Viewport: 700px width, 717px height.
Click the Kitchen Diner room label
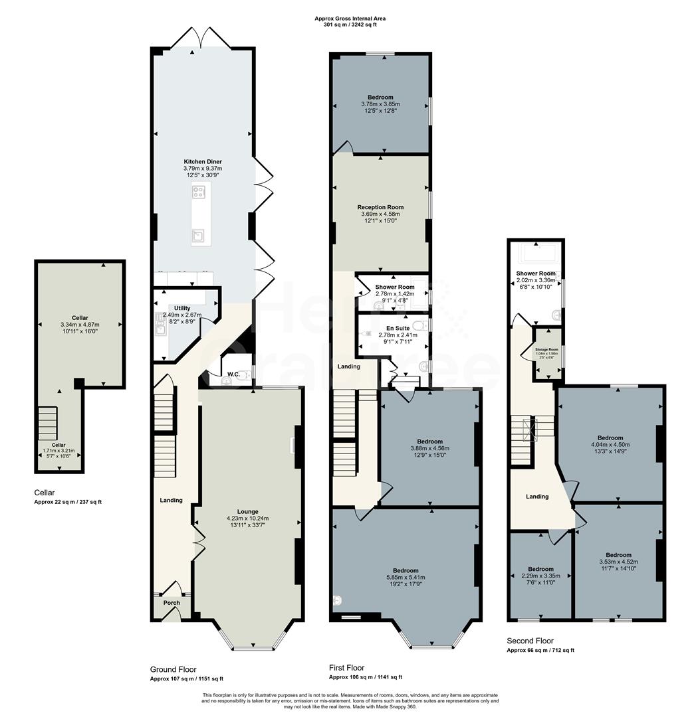(203, 161)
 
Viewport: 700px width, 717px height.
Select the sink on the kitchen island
(198, 234)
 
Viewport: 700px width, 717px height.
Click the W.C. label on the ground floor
(233, 374)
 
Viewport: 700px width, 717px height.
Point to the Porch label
(172, 603)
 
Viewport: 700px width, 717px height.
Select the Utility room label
(182, 308)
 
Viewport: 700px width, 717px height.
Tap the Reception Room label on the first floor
(380, 207)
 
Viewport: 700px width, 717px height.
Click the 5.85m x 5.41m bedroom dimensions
(405, 578)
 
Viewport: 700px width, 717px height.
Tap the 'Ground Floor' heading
(173, 669)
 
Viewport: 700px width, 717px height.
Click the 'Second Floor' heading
(530, 641)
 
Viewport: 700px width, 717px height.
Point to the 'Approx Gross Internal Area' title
(350, 19)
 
